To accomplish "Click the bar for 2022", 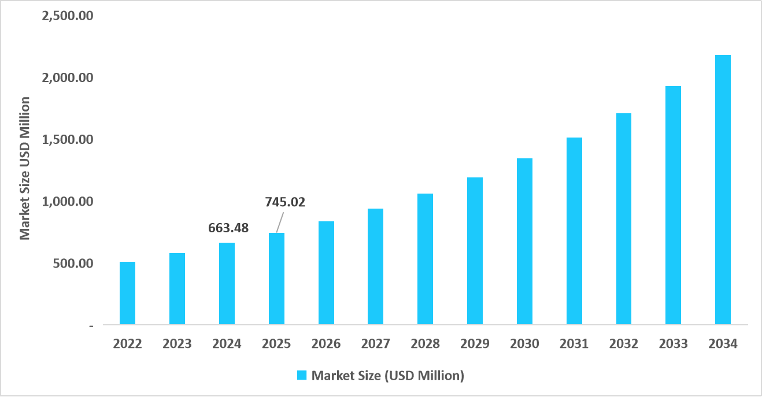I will tap(127, 293).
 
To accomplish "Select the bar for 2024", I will tap(227, 283).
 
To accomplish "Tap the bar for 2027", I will tap(376, 266).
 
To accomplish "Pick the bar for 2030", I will tap(524, 241).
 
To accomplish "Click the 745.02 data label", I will tap(284, 202).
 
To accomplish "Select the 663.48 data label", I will tap(228, 228).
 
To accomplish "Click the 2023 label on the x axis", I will tap(177, 344).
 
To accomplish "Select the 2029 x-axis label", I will tap(475, 344).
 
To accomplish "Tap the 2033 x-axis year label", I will tap(674, 344).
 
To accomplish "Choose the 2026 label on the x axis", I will tap(326, 344).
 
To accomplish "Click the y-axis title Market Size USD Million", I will tap(25, 168).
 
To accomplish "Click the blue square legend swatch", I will tap(302, 376).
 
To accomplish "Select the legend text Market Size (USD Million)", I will tap(388, 376).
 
